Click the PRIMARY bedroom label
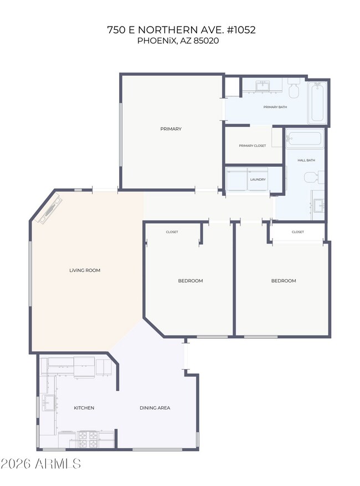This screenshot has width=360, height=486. [171, 129]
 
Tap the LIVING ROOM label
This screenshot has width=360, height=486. [85, 270]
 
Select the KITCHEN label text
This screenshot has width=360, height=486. [84, 408]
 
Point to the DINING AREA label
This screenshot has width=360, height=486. [155, 408]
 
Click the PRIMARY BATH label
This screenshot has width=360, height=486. [275, 107]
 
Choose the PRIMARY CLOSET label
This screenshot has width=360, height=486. [253, 146]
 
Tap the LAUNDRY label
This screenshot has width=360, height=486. [258, 179]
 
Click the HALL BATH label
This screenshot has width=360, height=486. [306, 160]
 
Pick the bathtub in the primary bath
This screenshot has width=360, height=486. [317, 102]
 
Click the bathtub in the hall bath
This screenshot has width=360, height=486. [304, 138]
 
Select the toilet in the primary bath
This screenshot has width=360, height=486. [294, 88]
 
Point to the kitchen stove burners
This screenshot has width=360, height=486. [88, 440]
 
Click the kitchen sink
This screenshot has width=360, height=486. [49, 402]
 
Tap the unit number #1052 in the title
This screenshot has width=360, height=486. [240, 30]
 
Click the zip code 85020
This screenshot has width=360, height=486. [206, 40]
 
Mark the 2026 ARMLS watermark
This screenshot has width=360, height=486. [40, 464]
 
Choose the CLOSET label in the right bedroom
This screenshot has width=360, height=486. [297, 232]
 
